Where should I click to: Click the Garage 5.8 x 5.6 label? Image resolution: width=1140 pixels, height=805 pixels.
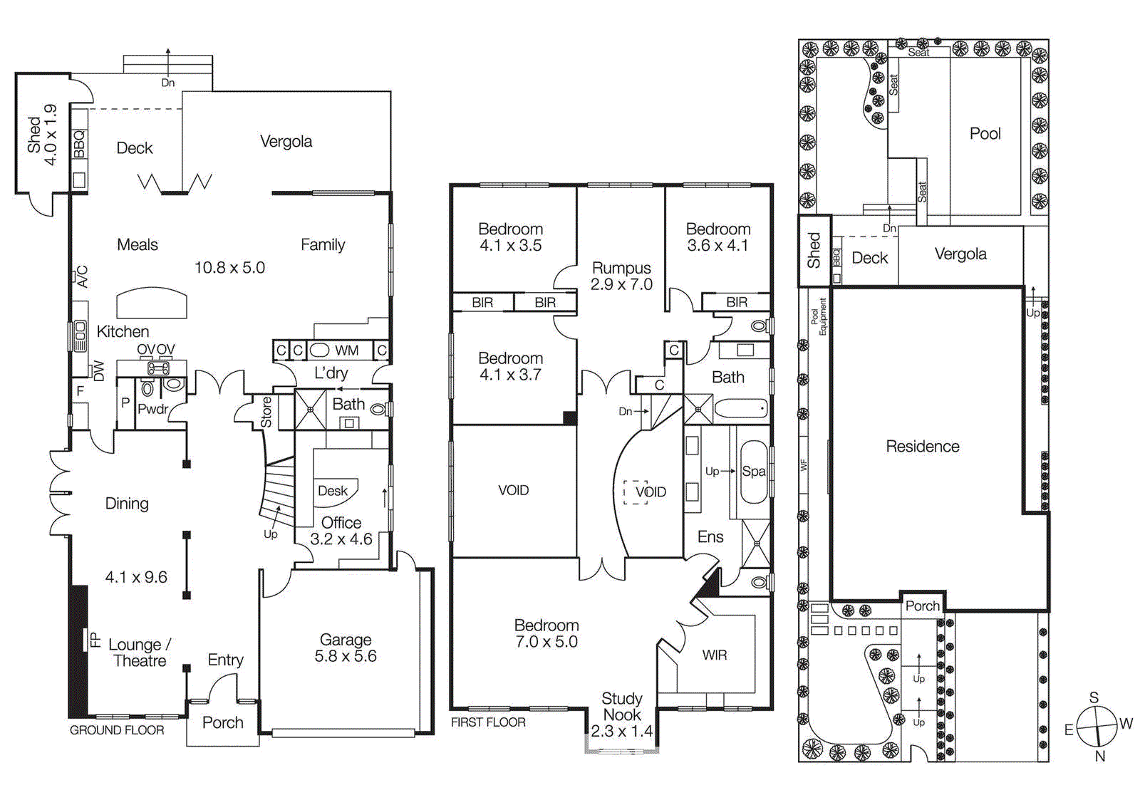346,648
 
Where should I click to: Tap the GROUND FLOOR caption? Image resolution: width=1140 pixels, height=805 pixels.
117,730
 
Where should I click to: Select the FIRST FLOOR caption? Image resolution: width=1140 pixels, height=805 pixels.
488,722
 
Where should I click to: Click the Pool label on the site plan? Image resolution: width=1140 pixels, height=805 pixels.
985,134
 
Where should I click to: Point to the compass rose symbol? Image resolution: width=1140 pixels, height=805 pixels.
1097,726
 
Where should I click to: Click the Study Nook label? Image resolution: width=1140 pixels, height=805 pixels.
621,707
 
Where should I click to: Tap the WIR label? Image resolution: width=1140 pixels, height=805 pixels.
714,655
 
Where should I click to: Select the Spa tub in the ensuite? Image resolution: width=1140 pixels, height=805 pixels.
753,472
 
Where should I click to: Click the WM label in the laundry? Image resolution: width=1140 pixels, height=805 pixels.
347,350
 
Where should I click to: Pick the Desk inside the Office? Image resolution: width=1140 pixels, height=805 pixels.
333,491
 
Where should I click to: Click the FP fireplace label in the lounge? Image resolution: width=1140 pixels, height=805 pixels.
95,639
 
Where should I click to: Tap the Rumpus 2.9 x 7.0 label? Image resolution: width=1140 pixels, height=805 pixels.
621,276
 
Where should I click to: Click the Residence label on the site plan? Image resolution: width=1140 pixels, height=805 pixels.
922,447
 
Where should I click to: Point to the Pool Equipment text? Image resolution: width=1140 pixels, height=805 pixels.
819,316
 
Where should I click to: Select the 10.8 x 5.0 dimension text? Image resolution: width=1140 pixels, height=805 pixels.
229,268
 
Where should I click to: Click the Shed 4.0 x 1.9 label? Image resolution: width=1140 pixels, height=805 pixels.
41,134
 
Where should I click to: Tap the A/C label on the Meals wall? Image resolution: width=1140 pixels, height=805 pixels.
83,276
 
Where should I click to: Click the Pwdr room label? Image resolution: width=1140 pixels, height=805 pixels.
153,409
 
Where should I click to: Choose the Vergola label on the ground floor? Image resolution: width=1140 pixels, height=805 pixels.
286,142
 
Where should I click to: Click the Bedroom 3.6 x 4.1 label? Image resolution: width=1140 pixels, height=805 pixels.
717,237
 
